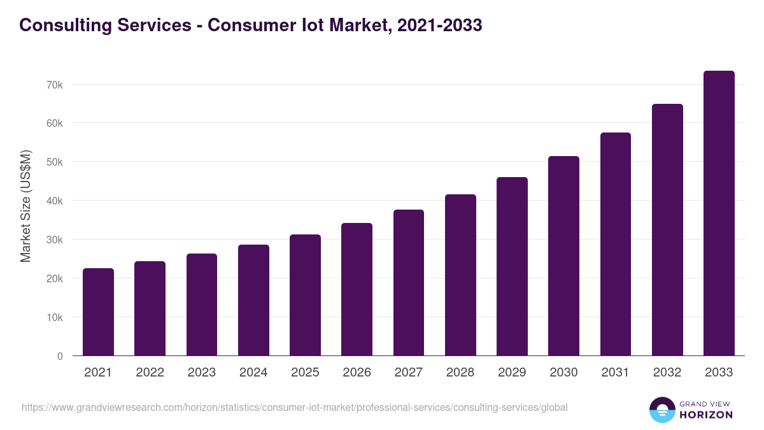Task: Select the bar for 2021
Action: [x=98, y=312]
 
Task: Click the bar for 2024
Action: [x=253, y=300]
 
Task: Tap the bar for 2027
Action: [x=409, y=283]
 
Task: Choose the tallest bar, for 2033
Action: [x=719, y=213]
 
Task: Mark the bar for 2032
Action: [x=667, y=230]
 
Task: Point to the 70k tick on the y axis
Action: [x=55, y=85]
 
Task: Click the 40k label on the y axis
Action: [x=55, y=201]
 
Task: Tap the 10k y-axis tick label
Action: [x=55, y=317]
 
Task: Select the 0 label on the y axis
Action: [x=60, y=356]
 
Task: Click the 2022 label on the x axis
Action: [x=150, y=373]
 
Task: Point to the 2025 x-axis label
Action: [x=305, y=373]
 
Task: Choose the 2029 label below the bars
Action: [x=512, y=373]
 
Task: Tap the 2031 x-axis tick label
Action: [x=616, y=373]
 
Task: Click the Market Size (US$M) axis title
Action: [x=26, y=206]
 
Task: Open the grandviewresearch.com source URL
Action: [x=294, y=407]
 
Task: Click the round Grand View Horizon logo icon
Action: [x=661, y=410]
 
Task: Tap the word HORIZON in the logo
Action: [x=706, y=415]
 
